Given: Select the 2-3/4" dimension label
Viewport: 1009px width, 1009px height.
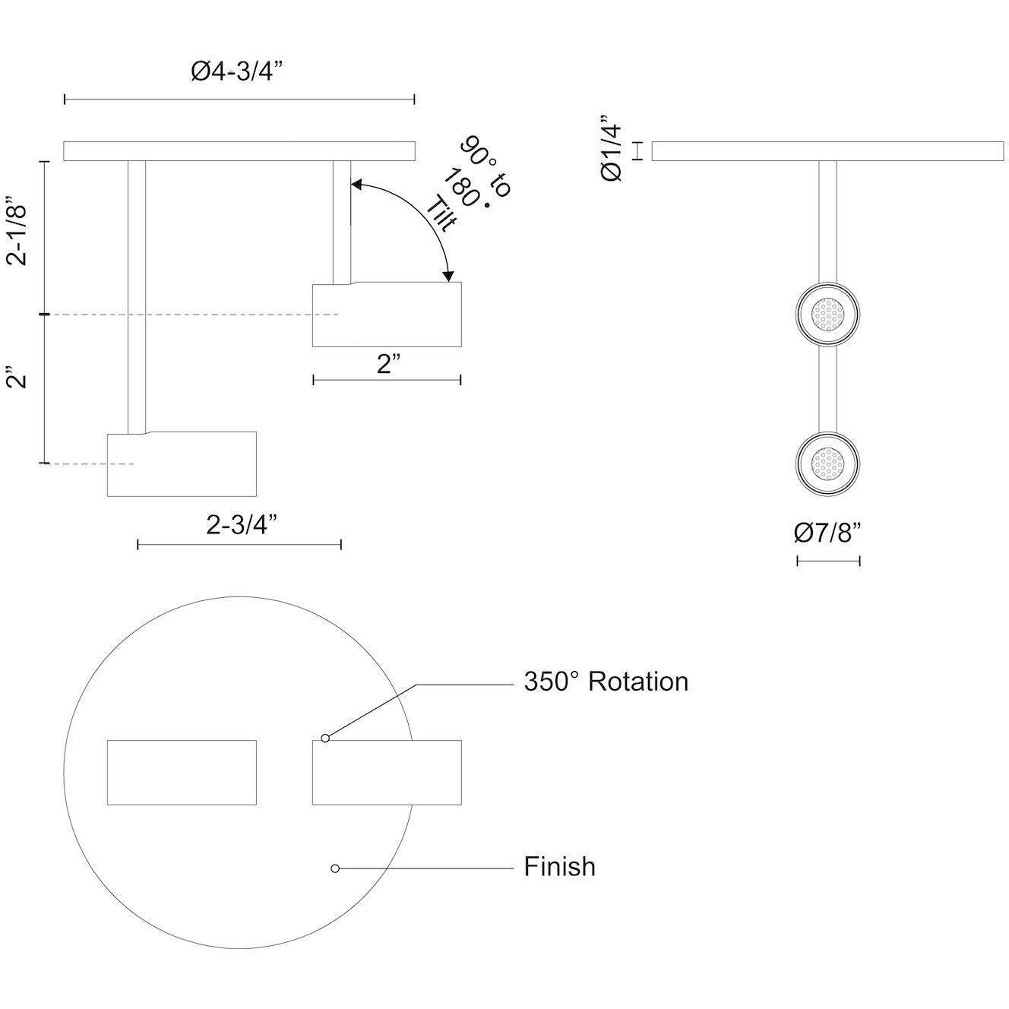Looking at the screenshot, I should point(241,525).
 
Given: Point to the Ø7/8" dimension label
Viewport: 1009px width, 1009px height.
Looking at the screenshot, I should point(827,534).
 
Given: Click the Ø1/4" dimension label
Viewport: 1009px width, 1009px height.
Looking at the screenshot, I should point(612,148).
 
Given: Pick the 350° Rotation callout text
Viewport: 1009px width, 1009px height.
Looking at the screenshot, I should point(606,682).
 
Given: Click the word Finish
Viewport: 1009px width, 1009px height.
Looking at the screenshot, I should point(559,867).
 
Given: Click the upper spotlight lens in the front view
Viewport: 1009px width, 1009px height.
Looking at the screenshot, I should point(827,314).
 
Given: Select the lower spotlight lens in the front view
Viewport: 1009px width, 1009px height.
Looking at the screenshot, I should point(827,463).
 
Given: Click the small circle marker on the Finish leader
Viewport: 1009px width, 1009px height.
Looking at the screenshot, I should point(335,868).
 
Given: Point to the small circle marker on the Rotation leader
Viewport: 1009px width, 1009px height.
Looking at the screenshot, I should point(325,738).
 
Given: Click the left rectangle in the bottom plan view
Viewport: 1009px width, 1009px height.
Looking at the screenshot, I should point(182,772).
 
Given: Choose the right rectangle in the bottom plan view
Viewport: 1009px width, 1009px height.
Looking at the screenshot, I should point(387,772).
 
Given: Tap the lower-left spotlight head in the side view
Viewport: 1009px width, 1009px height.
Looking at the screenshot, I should point(182,465).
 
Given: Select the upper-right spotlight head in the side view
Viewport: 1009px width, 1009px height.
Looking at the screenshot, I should point(387,315).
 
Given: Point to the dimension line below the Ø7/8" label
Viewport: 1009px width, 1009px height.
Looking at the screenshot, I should point(828,561).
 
